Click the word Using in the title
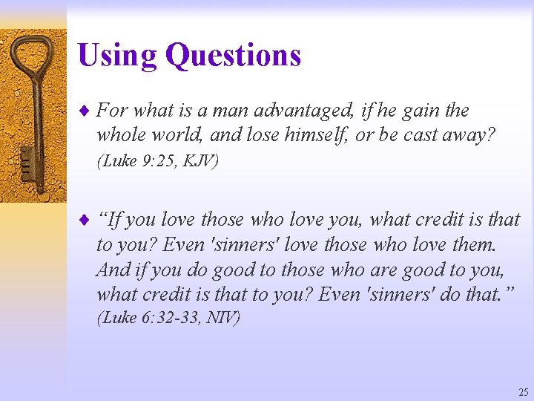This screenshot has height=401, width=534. (118, 56)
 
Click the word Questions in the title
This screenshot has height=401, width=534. (233, 56)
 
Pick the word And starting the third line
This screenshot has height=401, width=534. (113, 269)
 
